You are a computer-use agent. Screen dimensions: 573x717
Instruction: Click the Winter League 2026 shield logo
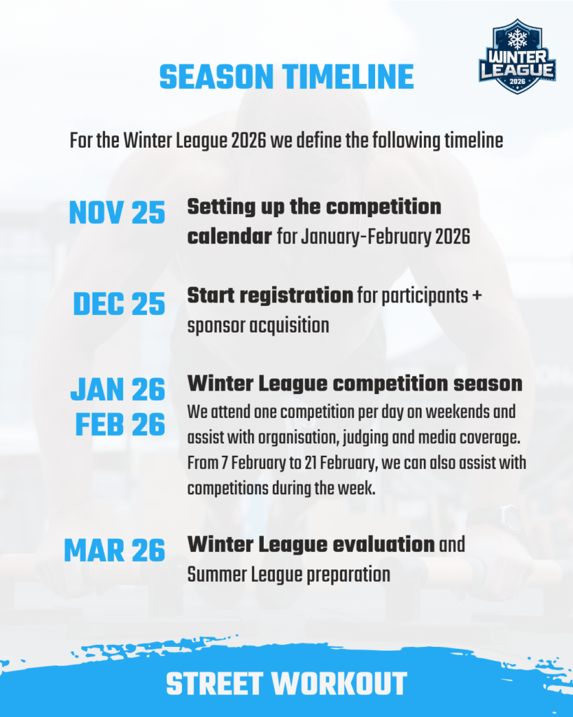coord(517,56)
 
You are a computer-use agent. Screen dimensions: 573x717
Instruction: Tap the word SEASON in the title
coord(216,77)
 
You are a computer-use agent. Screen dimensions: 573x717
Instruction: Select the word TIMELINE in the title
coord(348,77)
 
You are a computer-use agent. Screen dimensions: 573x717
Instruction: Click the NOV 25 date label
coord(117,213)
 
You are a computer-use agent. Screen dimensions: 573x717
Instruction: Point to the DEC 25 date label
coord(119,304)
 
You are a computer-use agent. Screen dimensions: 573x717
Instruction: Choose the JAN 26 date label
coord(118,389)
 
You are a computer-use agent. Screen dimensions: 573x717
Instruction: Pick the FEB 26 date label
coord(120,425)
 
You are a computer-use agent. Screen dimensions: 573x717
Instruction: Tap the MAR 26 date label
coord(115,550)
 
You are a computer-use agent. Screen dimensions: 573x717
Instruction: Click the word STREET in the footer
coord(215,684)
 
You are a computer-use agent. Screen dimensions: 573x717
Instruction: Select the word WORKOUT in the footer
coord(339,684)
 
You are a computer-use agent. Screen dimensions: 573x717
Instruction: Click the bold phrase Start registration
coord(270,296)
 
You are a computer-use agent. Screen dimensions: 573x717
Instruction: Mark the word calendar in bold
coord(229,237)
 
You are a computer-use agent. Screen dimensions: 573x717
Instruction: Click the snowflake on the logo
coord(517,39)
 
